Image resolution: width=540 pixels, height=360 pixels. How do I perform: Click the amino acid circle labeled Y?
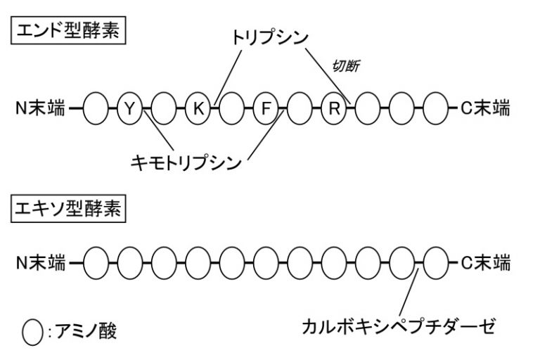129,108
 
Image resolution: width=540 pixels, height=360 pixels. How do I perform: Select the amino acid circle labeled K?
198,108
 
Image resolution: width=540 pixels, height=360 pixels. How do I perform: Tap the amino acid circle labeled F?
265,108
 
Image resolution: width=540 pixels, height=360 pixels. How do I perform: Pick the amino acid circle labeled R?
334,108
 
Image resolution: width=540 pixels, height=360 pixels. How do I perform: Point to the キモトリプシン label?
186,162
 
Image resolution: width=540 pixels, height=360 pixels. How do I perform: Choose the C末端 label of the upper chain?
485,108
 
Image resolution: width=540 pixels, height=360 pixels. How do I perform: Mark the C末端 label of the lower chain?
485,264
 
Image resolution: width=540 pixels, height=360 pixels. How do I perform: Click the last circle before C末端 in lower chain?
437,264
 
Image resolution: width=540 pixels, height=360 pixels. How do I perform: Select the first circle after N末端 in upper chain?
96,108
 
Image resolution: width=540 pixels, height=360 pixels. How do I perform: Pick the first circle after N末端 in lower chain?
96,264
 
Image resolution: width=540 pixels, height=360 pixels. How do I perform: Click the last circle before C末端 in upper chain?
437,108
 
